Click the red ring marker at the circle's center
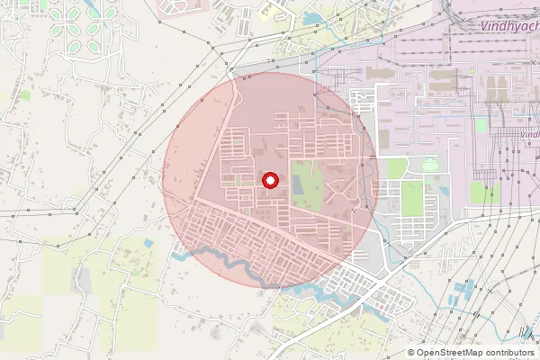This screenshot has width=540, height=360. pyautogui.click(x=269, y=181)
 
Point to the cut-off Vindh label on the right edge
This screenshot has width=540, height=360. pyautogui.click(x=529, y=134)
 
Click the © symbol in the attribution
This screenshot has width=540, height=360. pyautogui.click(x=411, y=353)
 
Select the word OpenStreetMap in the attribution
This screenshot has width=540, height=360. pyautogui.click(x=454, y=353)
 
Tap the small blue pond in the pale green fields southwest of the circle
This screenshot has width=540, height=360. pyautogui.click(x=148, y=244)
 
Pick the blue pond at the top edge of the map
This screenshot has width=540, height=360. pyautogui.click(x=314, y=17)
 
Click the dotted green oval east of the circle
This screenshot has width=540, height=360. pyautogui.click(x=431, y=165)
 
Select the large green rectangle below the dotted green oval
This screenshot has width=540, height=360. pyautogui.click(x=412, y=199)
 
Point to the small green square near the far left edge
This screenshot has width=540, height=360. pyautogui.click(x=25, y=94)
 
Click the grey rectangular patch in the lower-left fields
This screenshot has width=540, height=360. pyautogui.click(x=83, y=281)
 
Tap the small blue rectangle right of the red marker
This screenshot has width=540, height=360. pyautogui.click(x=297, y=184)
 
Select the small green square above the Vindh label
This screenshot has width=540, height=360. pyautogui.click(x=481, y=125)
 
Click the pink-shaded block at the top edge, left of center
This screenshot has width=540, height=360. pyautogui.click(x=184, y=8)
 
